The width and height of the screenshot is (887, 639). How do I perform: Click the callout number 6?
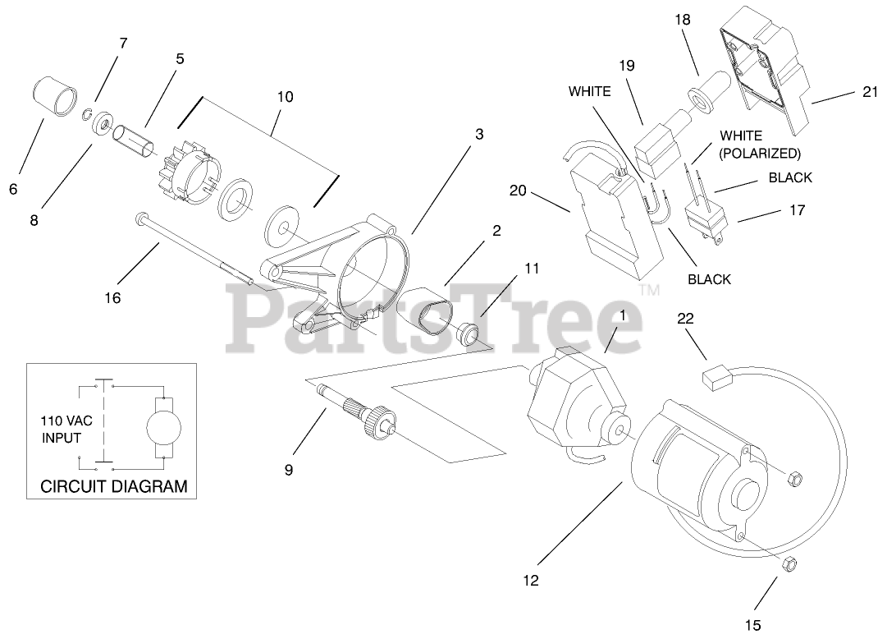tap(13, 189)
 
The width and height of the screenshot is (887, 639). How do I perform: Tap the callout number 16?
tap(112, 298)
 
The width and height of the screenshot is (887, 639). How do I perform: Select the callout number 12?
tap(531, 581)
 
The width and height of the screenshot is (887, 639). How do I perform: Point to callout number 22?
tap(685, 319)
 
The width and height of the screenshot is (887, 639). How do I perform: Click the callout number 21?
tap(870, 92)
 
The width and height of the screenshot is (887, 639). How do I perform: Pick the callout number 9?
tap(288, 470)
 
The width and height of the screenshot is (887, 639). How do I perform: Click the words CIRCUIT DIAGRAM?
tap(114, 486)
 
